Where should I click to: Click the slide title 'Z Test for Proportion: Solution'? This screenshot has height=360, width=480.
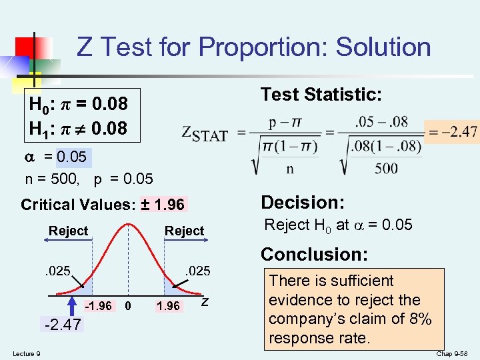tap(254, 47)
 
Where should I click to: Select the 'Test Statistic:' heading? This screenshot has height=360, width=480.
tap(321, 95)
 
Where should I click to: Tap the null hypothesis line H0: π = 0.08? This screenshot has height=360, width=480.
tap(78, 105)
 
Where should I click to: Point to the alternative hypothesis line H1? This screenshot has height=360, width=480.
tap(78, 127)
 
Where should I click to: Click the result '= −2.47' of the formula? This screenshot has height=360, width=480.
tap(453, 132)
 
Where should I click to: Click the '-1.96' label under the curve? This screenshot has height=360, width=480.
tap(99, 306)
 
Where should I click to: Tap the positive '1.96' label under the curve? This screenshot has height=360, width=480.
tap(167, 306)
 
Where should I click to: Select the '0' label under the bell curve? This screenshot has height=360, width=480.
tap(130, 306)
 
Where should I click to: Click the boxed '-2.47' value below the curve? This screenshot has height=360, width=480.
tap(61, 325)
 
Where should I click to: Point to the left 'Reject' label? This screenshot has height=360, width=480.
tap(68, 231)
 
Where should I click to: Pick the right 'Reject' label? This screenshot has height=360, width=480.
tap(184, 231)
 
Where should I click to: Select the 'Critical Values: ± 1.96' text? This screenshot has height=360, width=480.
tap(103, 204)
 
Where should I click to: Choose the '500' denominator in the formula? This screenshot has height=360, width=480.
tap(386, 169)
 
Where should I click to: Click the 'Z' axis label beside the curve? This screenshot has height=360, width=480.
tap(205, 303)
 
